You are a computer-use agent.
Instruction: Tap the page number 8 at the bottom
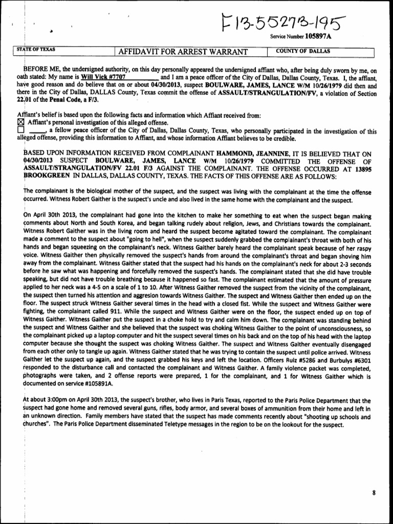374,492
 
